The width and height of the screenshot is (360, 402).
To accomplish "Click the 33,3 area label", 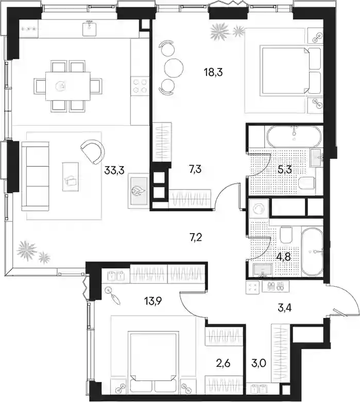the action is coord(114,170).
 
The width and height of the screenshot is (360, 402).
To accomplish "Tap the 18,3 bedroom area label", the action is coord(213,73).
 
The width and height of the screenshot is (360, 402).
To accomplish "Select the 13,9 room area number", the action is coord(152,302).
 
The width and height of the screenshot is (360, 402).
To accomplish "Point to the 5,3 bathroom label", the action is coord(285,170).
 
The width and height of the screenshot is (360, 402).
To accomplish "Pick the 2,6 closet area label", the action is coord(223,363).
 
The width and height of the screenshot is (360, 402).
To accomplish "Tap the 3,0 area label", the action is coord(259,363).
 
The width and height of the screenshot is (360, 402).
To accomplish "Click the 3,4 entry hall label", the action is coord(285,308).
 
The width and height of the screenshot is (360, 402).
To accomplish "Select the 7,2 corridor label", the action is coord(195,237).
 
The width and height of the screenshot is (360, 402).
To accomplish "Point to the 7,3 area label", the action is coord(195,169).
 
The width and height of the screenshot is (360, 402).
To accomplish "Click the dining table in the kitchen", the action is coord(68,86).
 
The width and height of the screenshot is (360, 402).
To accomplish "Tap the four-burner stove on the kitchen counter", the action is coord(140,85).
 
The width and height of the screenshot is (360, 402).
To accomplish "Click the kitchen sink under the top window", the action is coord(89,28).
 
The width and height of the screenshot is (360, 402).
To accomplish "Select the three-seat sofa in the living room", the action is coord(36,176).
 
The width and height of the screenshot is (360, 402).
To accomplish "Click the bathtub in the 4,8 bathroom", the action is coord(312,252).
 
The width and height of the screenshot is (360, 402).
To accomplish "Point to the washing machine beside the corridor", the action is coord(259,208).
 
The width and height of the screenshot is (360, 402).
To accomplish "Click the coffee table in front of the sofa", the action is coord(71,177).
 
